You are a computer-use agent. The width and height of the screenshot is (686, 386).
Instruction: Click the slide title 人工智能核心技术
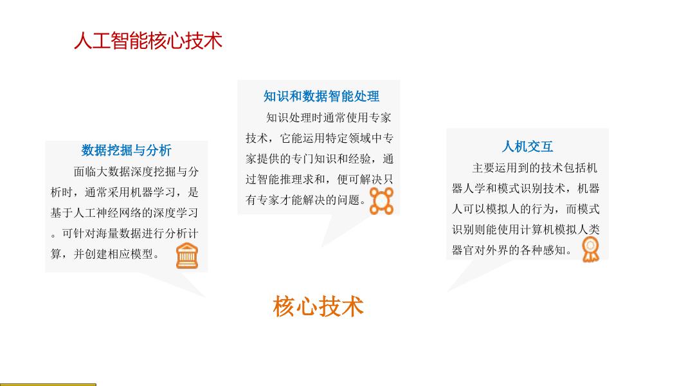tap(148, 41)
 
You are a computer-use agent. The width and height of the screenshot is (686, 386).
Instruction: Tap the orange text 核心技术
tap(318, 306)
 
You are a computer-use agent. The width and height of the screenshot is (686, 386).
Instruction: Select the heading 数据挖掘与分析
tap(127, 151)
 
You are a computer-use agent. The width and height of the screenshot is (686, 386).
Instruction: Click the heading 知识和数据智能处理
tap(321, 96)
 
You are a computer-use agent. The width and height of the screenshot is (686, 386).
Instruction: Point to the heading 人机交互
tap(527, 147)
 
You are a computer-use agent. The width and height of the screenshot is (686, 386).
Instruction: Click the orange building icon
tap(187, 256)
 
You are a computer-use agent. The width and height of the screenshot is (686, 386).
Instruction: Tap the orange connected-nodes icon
tap(381, 201)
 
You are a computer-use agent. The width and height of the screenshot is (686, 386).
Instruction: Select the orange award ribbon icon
tap(590, 249)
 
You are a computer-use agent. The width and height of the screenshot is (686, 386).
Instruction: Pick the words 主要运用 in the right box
tap(494, 168)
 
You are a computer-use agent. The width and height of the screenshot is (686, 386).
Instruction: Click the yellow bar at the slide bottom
tap(48, 384)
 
